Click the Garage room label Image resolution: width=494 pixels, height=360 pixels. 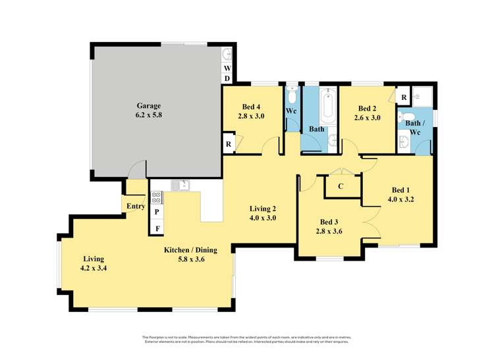(148, 105)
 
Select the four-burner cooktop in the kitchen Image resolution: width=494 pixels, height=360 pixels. (157, 197)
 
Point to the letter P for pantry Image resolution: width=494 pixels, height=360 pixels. (157, 212)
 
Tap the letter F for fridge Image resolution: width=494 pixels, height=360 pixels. (157, 228)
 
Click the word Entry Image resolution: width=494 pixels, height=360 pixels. (136, 206)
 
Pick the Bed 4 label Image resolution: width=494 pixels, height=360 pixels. (250, 107)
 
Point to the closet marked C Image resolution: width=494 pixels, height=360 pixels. (341, 186)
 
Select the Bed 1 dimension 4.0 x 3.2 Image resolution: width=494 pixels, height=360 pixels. (400, 198)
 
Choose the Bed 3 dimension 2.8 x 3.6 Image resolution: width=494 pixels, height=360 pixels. (329, 232)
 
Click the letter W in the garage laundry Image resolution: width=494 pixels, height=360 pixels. (227, 68)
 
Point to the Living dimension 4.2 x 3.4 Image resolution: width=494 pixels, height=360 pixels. (93, 268)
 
